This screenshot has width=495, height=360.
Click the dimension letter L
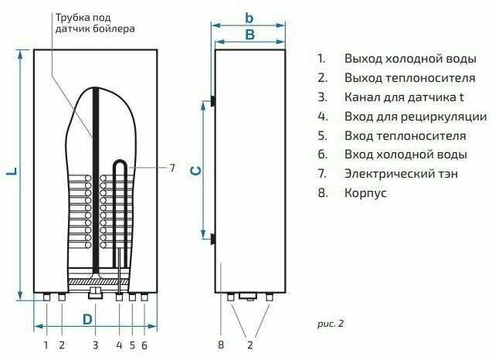12,172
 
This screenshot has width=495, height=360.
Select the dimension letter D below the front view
87,319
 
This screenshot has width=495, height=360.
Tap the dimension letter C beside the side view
195,172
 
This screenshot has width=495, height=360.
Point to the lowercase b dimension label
249,18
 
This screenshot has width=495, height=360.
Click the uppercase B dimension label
249,35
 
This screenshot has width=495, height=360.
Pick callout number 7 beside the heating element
172,168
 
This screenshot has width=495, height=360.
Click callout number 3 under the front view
95,345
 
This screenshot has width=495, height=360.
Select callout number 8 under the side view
221,345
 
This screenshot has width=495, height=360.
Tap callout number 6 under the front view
144,345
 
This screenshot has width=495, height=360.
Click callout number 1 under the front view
46,345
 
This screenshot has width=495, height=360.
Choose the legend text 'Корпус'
365,192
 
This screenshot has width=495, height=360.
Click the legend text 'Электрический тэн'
401,173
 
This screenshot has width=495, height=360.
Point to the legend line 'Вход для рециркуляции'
415,117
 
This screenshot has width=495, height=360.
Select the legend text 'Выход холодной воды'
410,59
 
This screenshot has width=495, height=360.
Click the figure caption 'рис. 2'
331,324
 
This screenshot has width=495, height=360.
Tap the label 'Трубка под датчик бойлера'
95,23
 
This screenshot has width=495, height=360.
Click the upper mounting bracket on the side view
213,101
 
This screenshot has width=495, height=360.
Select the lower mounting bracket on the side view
213,239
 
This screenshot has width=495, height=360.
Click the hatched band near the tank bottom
99,282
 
